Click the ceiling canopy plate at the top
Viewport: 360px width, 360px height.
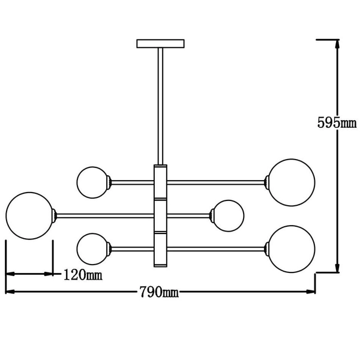(x=160, y=43)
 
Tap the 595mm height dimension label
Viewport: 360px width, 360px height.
(x=337, y=123)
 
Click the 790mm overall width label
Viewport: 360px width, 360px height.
(x=159, y=292)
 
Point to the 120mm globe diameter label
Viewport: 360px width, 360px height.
(x=82, y=275)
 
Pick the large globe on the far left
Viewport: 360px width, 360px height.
(x=29, y=215)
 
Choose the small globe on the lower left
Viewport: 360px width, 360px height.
(x=92, y=248)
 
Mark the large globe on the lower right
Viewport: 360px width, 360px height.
(x=291, y=248)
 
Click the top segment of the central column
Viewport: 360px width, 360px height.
(x=160, y=182)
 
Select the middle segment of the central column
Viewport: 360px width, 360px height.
(x=160, y=215)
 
